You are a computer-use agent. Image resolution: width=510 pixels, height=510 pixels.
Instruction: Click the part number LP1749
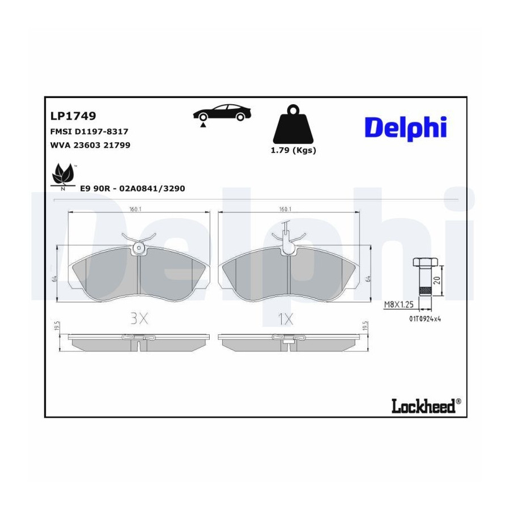point(73,116)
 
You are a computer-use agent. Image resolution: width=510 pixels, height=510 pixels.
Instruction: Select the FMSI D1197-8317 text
point(89,131)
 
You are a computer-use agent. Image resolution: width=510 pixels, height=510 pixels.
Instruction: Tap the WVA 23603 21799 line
point(90,145)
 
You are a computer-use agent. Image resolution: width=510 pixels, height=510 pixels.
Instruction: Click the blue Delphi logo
point(406,129)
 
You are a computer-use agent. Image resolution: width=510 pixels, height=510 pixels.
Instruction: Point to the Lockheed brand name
point(426,406)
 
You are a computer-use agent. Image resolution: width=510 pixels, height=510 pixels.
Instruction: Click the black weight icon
point(294,124)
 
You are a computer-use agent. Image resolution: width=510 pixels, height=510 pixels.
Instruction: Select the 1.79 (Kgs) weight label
point(294,150)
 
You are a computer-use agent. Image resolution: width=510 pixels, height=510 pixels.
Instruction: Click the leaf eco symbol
point(63,176)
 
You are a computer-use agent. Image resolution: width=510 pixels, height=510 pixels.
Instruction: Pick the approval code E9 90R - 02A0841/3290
point(133,189)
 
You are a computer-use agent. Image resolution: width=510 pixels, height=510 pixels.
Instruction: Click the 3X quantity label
point(139,318)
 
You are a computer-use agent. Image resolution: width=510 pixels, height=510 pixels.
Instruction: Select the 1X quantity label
point(286,319)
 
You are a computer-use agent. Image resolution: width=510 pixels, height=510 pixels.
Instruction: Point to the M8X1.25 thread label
point(399,304)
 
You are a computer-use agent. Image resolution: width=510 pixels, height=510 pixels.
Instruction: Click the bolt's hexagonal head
point(426,262)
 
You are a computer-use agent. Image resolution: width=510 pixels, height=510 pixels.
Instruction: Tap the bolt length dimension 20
point(438,280)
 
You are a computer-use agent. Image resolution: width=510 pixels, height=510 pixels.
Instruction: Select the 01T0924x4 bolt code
point(425,318)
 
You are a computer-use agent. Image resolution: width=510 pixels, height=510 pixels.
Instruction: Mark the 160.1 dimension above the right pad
point(285,209)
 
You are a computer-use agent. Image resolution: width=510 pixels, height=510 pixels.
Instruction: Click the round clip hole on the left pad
point(139,248)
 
